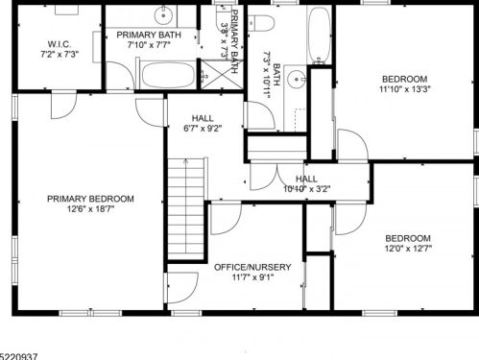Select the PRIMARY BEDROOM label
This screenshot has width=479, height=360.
(x=91, y=199)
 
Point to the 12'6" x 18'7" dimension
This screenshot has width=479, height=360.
(x=91, y=209)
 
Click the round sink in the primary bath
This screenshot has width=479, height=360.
(x=164, y=15)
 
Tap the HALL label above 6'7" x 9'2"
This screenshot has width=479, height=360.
(x=202, y=118)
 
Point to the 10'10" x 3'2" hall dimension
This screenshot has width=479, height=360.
(x=306, y=189)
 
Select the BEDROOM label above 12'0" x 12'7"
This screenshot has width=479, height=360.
(x=407, y=238)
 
